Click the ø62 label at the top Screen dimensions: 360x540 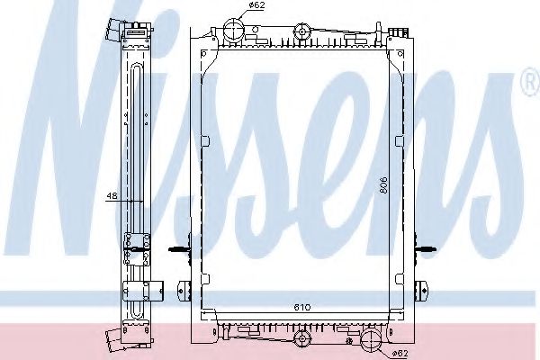pyautogui.click(x=232, y=5)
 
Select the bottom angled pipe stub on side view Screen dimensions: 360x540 pyautogui.click(x=114, y=339)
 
